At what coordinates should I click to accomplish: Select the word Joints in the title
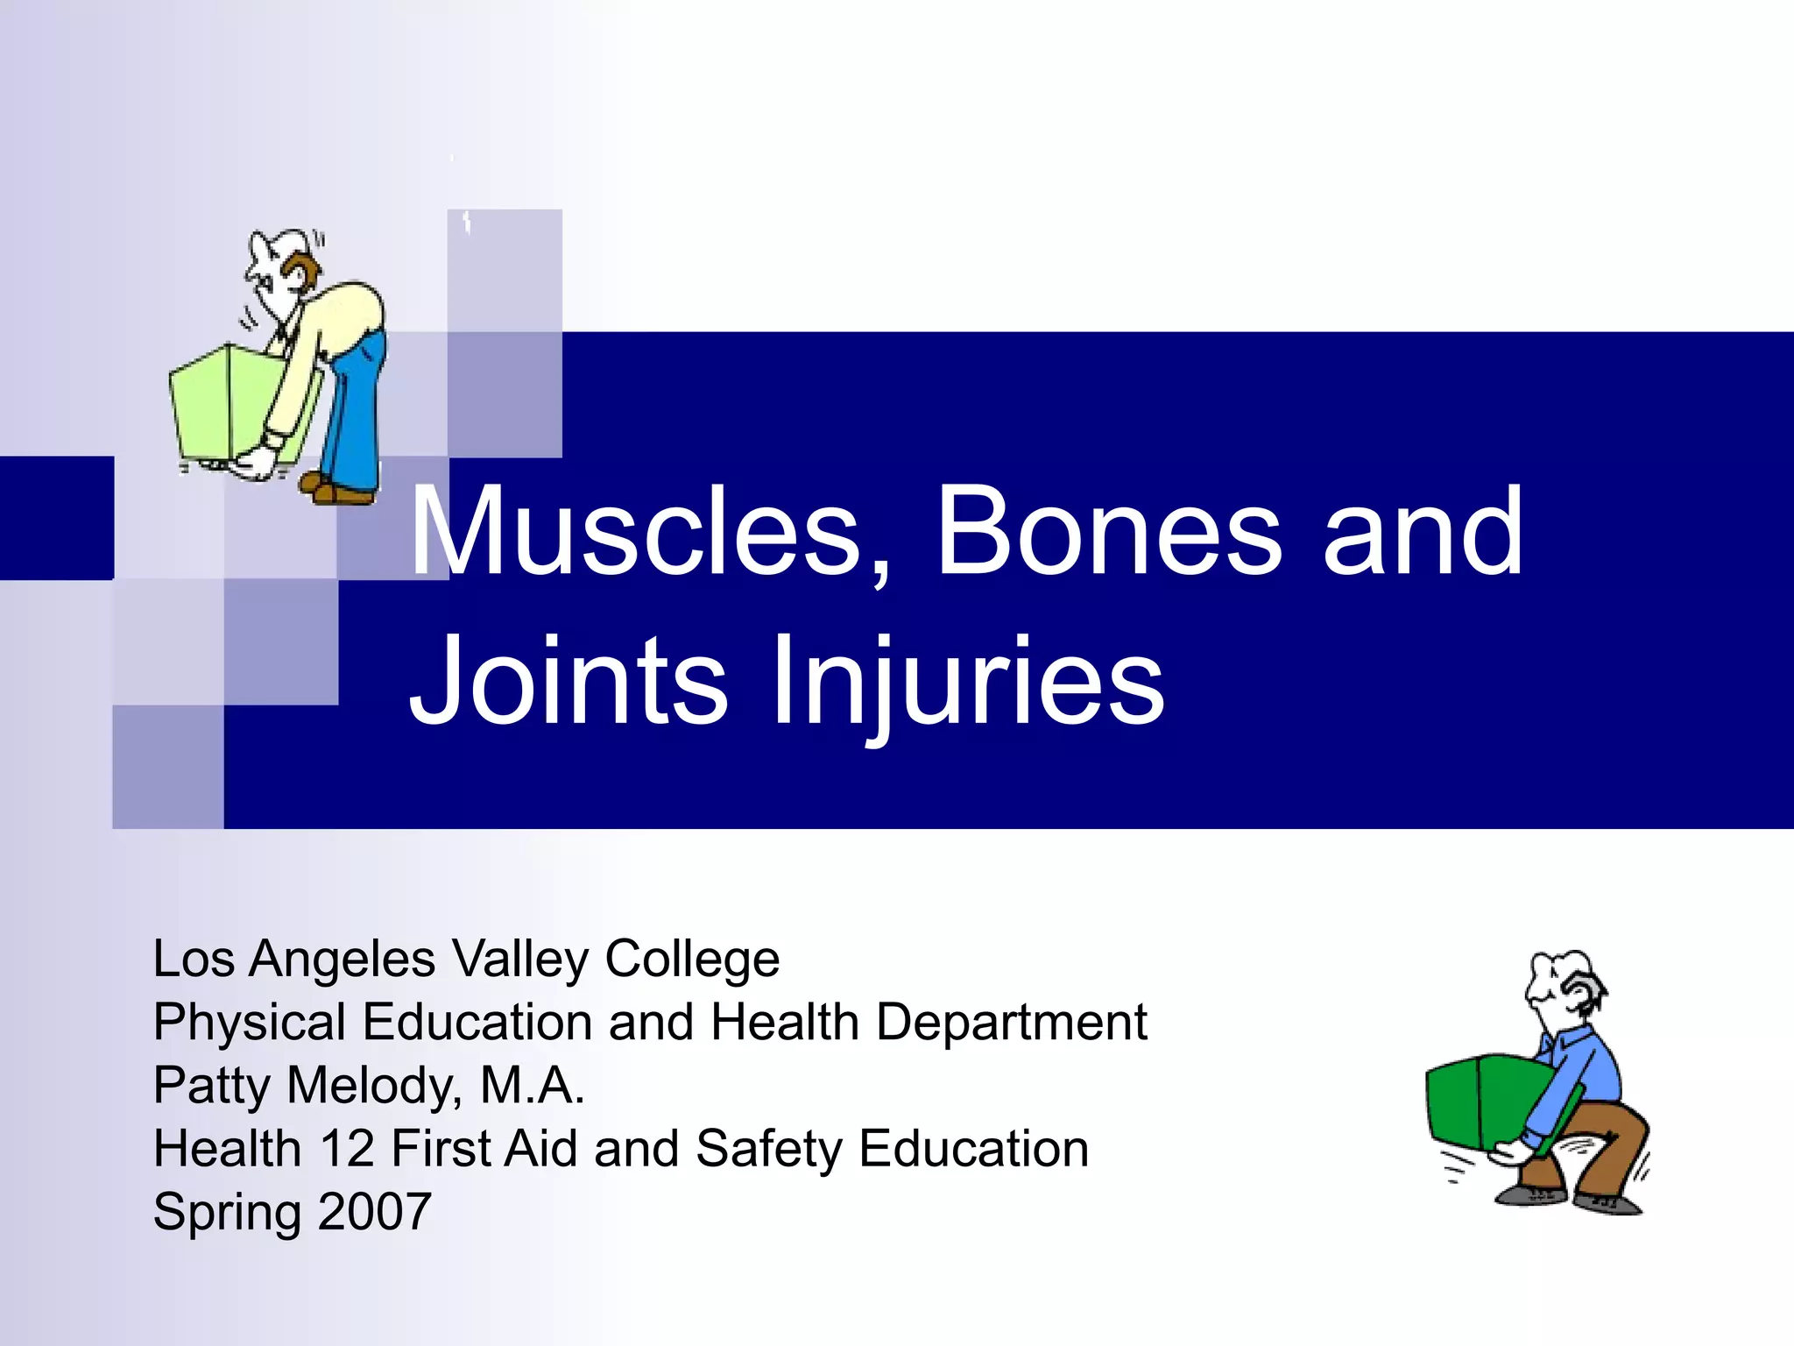568,682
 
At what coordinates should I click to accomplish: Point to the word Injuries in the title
967,682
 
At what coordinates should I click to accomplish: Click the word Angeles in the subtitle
342,960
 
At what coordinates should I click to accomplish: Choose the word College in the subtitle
692,960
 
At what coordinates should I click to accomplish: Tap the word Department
1011,1023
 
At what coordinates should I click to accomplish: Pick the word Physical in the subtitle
250,1023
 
